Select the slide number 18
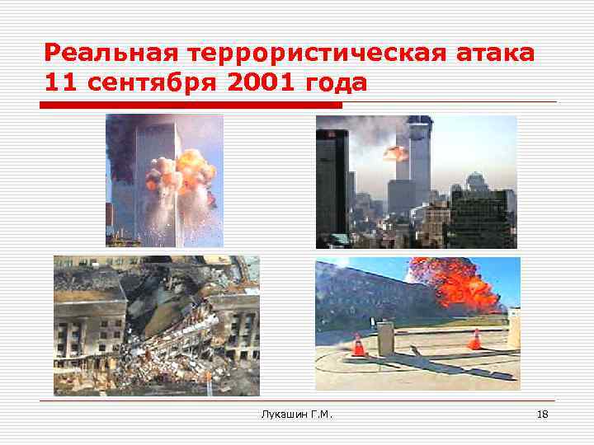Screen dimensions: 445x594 (x=542, y=413)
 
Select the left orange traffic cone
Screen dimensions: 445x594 (x=358, y=345)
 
